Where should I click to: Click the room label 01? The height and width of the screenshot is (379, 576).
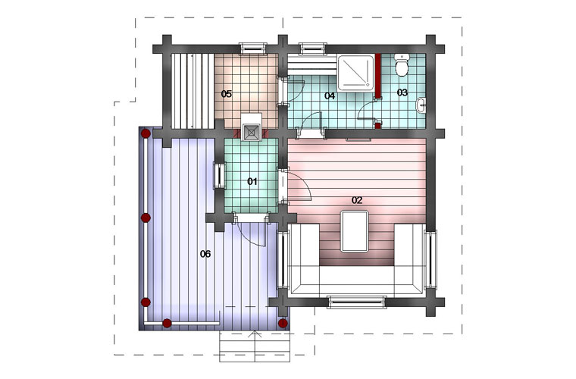tap(252, 181)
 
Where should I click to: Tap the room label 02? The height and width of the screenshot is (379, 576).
tap(357, 200)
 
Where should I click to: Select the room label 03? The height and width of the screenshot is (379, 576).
tap(402, 92)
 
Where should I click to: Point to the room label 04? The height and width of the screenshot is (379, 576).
tap(330, 96)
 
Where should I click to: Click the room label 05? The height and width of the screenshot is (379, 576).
tap(227, 94)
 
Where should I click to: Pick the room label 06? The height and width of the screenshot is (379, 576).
tap(205, 254)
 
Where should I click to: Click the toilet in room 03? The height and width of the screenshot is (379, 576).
tap(401, 66)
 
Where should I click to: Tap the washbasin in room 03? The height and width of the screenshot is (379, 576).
tap(421, 106)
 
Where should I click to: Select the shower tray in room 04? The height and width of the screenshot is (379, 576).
tap(355, 72)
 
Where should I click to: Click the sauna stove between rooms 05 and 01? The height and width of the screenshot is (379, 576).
tap(252, 132)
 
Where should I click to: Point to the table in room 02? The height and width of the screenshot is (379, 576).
tap(355, 231)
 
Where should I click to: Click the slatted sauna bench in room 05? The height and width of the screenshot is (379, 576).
tap(193, 91)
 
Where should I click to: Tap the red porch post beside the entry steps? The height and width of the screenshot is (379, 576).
tap(283, 323)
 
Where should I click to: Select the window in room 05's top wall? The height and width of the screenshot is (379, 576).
tap(252, 48)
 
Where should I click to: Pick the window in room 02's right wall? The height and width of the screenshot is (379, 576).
tap(430, 259)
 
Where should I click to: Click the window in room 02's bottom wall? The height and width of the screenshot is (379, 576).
tap(356, 302)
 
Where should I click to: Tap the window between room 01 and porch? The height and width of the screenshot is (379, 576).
tap(220, 176)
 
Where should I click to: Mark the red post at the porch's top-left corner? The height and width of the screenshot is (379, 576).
tap(146, 133)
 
